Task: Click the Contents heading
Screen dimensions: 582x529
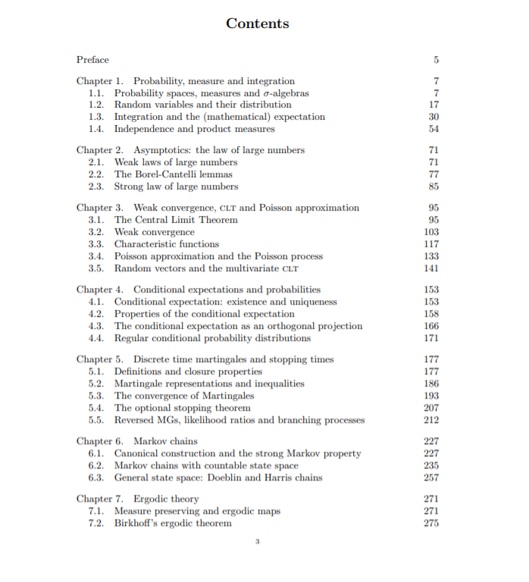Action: click(x=258, y=23)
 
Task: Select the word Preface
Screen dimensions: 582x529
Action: click(x=92, y=59)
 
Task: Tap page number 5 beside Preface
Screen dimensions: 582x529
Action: click(x=437, y=60)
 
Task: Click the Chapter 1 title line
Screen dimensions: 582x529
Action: click(x=186, y=81)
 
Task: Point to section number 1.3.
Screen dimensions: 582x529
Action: click(x=95, y=117)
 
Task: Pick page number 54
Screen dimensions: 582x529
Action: click(x=434, y=129)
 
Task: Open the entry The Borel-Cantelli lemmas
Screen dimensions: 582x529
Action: click(x=174, y=174)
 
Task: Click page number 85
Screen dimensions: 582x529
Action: click(x=434, y=186)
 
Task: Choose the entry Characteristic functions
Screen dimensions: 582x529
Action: click(x=167, y=244)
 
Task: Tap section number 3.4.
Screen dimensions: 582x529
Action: click(x=95, y=256)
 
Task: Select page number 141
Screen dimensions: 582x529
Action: click(x=432, y=268)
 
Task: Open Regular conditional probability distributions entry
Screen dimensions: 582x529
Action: click(x=212, y=338)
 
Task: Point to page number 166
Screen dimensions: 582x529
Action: click(x=432, y=326)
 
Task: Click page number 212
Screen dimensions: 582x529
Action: click(x=432, y=420)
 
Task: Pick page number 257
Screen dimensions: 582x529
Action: click(x=432, y=477)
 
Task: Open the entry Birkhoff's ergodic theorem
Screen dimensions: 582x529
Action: click(x=173, y=523)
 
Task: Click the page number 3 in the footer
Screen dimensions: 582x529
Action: click(x=258, y=541)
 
